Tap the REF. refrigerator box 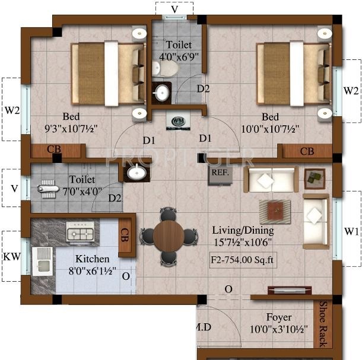pyautogui.click(x=217, y=173)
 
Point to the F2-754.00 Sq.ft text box pyautogui.click(x=243, y=259)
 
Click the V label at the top pyautogui.click(x=174, y=9)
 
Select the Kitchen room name pyautogui.click(x=92, y=259)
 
